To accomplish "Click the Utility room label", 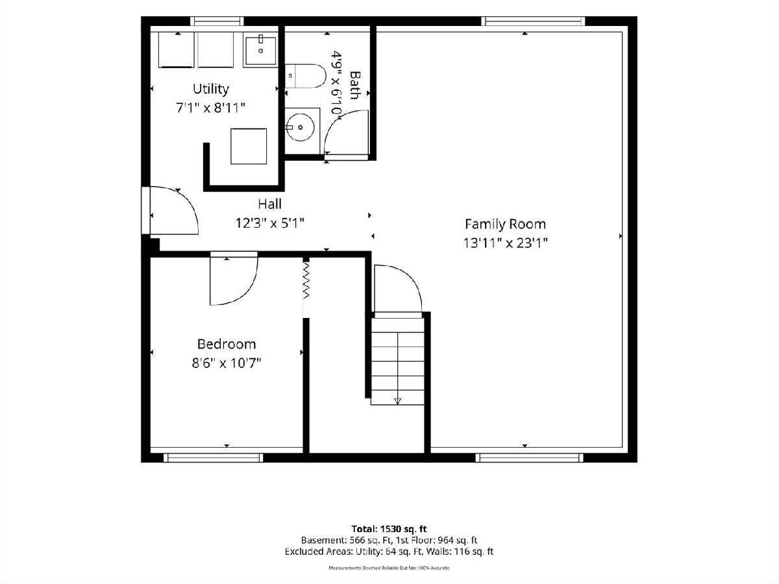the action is (211, 89).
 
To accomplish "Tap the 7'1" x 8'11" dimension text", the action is (211, 108).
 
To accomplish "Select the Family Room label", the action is (505, 224).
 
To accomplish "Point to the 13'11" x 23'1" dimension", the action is (505, 243).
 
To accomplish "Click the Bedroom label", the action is (227, 344).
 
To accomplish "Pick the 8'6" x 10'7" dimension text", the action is (227, 363).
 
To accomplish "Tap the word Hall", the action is (269, 204).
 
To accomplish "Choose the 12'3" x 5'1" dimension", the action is (269, 223).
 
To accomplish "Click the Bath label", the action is (355, 85).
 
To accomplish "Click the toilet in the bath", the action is (305, 76).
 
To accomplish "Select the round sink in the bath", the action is (301, 127).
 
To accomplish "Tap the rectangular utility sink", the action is (260, 51).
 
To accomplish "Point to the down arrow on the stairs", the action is (397, 400).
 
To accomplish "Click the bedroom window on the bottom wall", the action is (214, 457).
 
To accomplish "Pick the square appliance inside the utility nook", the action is (249, 147).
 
